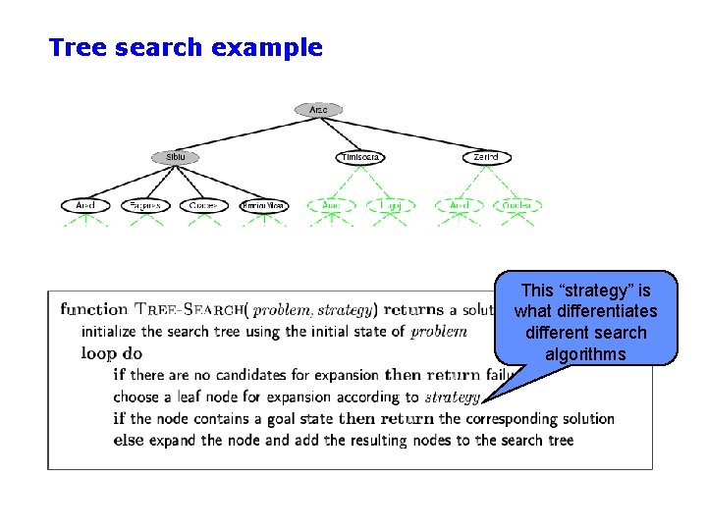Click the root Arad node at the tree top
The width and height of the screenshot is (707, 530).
click(x=318, y=110)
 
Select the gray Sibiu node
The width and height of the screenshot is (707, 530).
click(x=175, y=157)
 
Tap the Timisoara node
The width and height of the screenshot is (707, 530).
click(x=359, y=157)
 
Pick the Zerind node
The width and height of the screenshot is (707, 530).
click(x=486, y=157)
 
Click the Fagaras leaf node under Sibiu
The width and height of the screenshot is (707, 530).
click(x=145, y=206)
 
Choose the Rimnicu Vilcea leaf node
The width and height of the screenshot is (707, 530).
click(x=264, y=206)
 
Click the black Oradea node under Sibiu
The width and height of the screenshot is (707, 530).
click(x=204, y=206)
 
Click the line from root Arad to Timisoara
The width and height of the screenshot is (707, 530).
click(x=339, y=133)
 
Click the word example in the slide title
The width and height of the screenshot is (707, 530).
click(x=269, y=47)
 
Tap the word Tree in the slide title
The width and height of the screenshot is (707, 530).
click(x=78, y=47)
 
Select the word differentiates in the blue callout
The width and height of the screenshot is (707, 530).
click(x=586, y=311)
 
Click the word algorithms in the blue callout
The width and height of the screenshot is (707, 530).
click(x=586, y=354)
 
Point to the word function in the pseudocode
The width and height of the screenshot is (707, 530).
click(x=93, y=309)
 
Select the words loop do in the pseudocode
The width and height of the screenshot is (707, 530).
click(x=112, y=353)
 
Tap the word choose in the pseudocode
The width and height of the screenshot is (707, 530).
click(x=137, y=397)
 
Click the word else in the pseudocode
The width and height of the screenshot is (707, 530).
click(x=129, y=440)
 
